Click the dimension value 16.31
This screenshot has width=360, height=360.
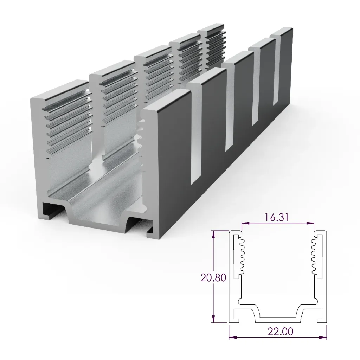pos(277,217)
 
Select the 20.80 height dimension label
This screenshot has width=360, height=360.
pos(213,277)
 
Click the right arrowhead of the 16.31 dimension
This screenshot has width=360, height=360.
pos(311,223)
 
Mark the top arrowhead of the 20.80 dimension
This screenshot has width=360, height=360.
pos(213,233)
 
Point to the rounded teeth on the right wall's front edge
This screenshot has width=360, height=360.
pos(142,141)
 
